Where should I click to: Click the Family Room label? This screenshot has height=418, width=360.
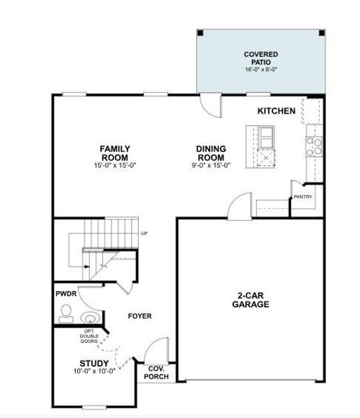coord(115,153)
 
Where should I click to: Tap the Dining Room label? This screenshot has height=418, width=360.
coord(211,153)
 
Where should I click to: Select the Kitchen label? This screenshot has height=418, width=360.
coord(276,111)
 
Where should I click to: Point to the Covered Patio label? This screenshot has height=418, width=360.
coord(261,59)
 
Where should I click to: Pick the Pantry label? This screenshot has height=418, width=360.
coord(303,196)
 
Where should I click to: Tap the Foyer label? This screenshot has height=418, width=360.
coord(139,316)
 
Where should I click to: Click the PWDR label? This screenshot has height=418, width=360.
coord(66,294)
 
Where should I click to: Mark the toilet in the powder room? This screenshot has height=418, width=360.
coord(67,311)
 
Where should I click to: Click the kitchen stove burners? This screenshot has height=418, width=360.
coord(314,145)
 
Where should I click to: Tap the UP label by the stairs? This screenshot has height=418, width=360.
coord(144,233)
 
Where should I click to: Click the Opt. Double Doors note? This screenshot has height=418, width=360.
coord(90,336)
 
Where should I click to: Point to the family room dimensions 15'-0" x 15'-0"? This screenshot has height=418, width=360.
coord(115,165)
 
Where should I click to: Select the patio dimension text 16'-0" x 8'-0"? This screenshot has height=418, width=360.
coord(261,70)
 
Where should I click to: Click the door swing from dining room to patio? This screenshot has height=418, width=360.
coord(208,105)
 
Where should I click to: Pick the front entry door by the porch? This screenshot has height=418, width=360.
coord(158,348)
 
